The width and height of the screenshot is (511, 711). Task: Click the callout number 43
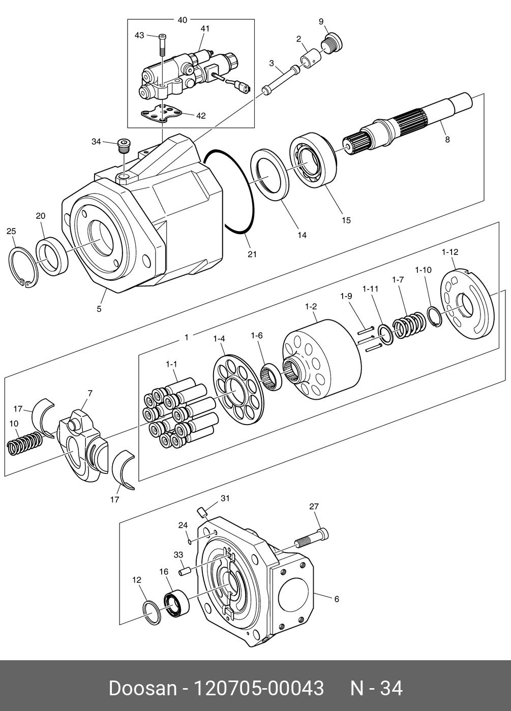point(139,35)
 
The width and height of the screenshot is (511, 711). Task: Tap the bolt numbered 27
point(312,538)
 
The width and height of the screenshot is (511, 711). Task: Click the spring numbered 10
point(24,443)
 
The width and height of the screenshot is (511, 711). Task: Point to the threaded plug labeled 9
point(333,43)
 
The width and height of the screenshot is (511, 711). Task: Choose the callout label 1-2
point(311,307)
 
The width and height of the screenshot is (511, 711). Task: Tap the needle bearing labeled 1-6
point(271,377)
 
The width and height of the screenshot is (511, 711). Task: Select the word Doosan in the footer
point(142,689)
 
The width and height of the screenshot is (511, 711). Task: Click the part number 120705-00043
point(259,689)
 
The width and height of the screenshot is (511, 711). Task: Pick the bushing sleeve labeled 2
point(310,58)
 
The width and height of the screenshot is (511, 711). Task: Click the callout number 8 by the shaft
point(447,139)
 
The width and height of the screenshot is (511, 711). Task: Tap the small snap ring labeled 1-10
point(434,316)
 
